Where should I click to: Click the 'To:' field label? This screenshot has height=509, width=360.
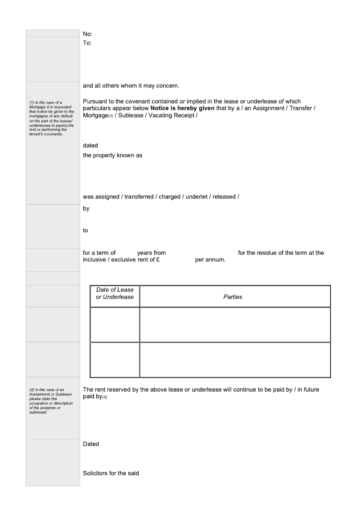click(x=87, y=43)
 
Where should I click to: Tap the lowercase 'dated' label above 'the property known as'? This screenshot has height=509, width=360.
click(x=90, y=146)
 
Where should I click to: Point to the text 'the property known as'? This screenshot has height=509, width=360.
click(x=112, y=156)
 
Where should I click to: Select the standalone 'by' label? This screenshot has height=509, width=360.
click(x=86, y=208)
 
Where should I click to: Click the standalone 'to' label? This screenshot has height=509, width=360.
click(x=85, y=230)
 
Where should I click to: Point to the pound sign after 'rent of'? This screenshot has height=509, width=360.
click(x=158, y=260)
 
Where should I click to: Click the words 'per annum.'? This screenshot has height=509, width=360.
click(x=210, y=260)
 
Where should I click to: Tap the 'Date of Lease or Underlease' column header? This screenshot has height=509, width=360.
click(x=115, y=293)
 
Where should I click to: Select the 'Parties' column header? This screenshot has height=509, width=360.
click(x=233, y=297)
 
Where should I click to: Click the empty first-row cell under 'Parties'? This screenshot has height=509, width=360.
click(x=235, y=324)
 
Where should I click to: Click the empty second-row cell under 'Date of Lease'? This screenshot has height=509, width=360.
click(x=115, y=360)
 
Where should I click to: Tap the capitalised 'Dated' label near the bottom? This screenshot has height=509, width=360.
click(x=91, y=444)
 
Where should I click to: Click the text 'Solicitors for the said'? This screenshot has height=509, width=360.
click(x=111, y=473)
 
